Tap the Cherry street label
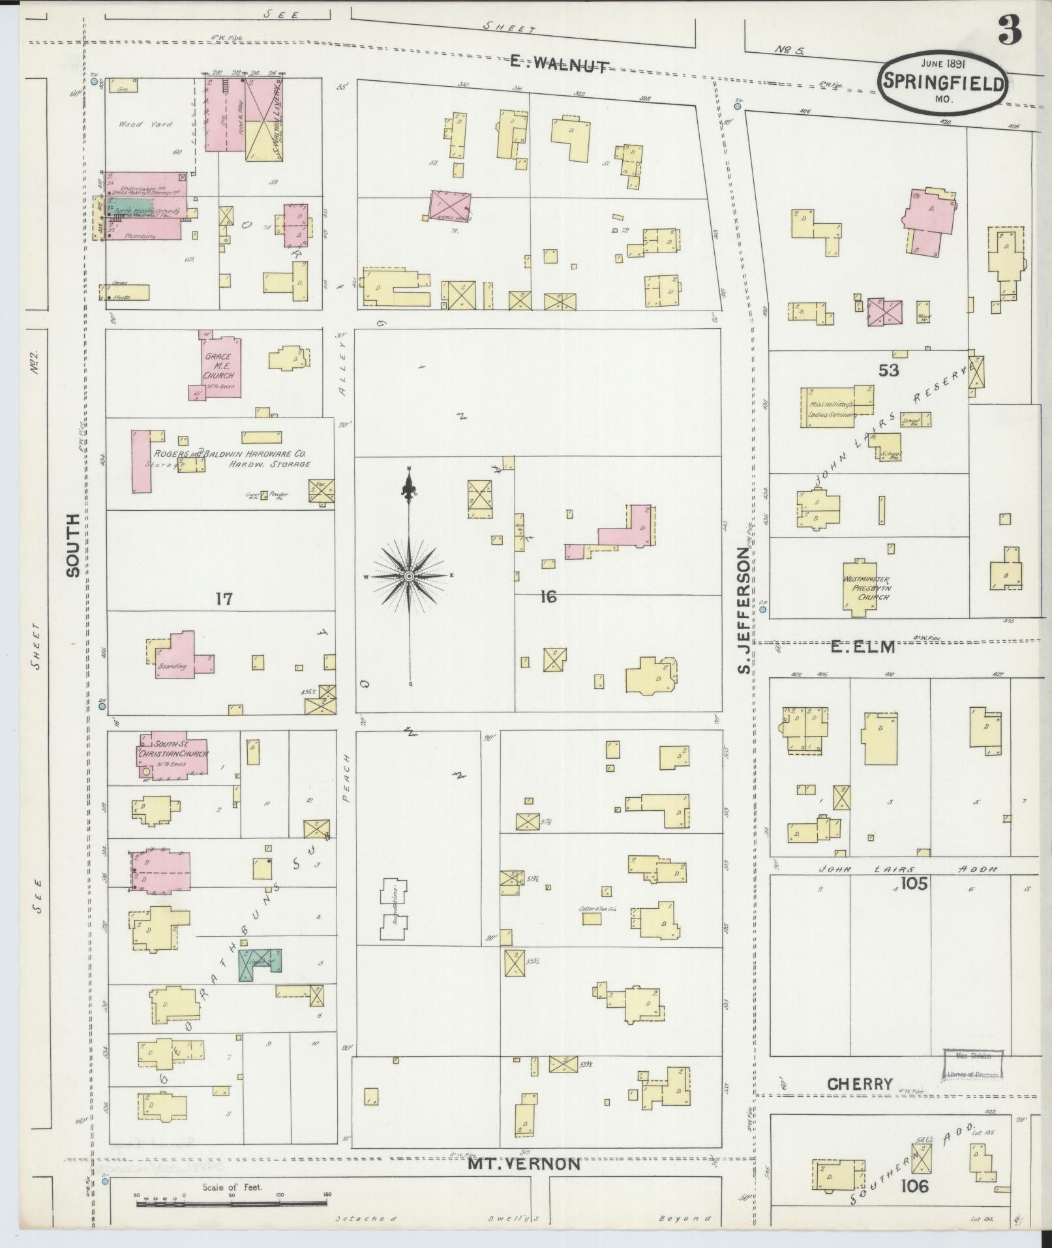[860, 1084]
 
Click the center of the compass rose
[409, 576]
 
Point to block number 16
[548, 596]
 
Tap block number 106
[914, 1186]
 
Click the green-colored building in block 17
[259, 964]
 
